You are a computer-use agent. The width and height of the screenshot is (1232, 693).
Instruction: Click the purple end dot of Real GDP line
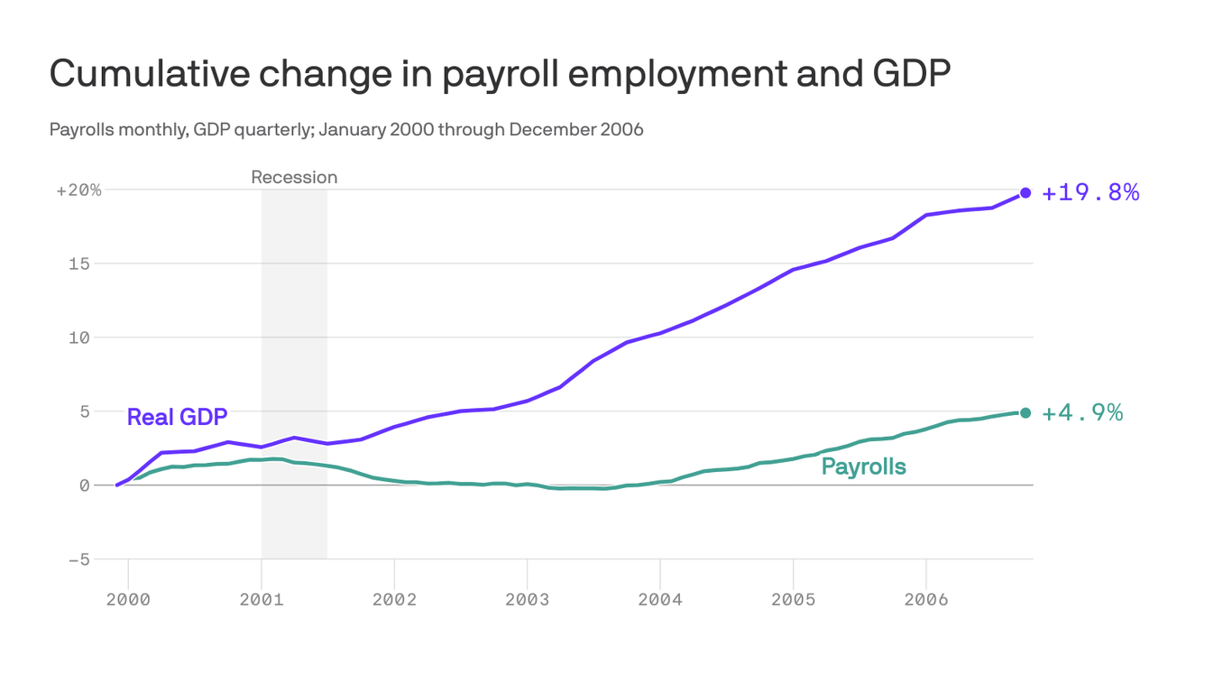tap(1025, 192)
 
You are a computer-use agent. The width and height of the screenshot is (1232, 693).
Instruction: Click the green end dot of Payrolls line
tap(1025, 412)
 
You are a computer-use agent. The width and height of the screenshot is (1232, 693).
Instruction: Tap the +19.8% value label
tap(1090, 192)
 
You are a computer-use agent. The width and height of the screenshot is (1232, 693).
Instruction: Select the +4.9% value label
tap(1082, 412)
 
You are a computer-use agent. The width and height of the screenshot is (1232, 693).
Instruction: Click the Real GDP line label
tap(177, 417)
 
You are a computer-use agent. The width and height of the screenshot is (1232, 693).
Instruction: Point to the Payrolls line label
tap(863, 467)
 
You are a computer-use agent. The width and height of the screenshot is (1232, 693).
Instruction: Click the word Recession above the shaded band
tap(294, 177)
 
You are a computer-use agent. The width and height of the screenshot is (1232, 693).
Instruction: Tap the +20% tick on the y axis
tap(78, 190)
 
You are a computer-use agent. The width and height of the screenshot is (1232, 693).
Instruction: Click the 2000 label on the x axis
tap(128, 600)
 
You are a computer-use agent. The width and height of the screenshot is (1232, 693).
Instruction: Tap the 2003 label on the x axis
tap(527, 600)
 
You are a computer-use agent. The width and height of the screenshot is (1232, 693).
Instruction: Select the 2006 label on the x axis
tap(925, 600)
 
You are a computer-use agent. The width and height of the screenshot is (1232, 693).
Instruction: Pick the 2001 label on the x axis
tap(261, 600)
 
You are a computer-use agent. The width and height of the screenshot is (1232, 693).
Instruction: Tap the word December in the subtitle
tap(545, 129)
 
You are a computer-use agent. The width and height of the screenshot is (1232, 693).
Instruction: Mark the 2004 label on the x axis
tap(660, 600)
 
